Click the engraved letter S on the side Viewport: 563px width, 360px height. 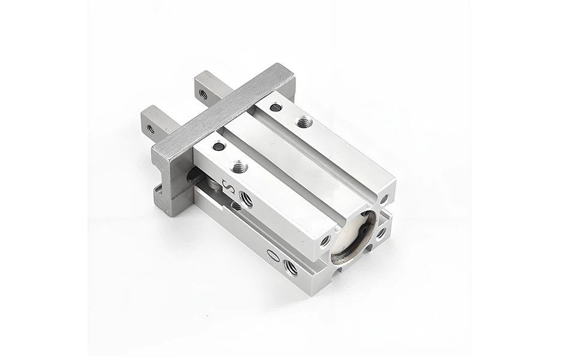[229, 187]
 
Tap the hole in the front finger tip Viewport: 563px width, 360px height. [150, 128]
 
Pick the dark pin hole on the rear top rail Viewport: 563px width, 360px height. [275, 108]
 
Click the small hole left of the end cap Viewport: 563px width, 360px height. [326, 241]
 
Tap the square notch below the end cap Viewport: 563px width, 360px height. [336, 269]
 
